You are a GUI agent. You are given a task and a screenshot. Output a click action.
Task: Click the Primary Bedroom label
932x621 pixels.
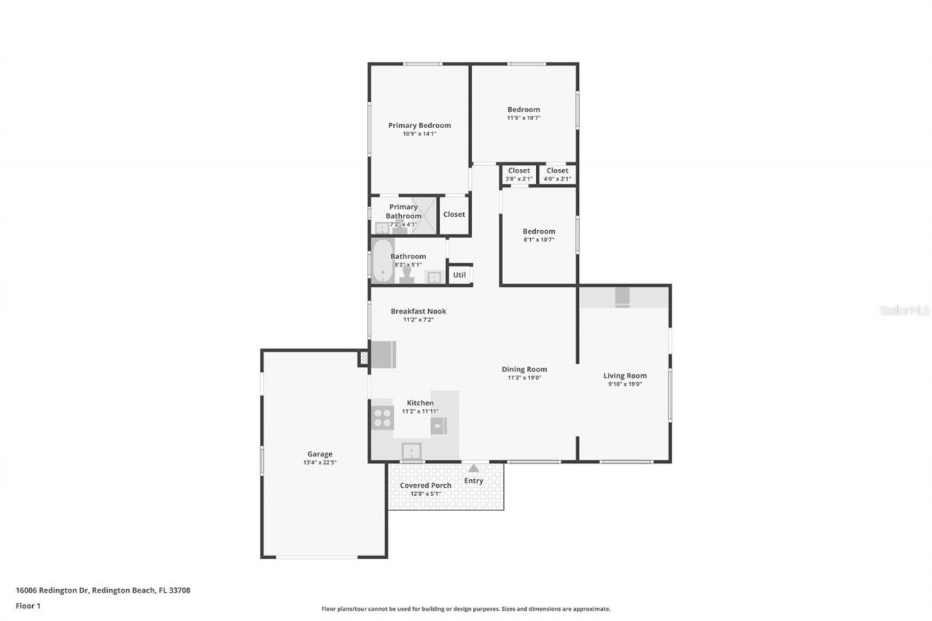(419, 125)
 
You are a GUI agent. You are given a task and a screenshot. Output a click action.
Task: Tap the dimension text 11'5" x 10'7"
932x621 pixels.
(524, 118)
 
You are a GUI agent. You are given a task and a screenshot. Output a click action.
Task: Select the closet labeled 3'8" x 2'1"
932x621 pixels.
(518, 175)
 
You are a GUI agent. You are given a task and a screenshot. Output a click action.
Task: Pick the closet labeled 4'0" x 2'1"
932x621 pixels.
(557, 175)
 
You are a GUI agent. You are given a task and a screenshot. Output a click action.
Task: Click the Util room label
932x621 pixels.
(459, 275)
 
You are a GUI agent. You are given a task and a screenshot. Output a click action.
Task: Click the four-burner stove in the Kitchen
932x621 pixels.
(383, 417)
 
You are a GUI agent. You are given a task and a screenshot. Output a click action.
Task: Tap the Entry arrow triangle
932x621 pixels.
(473, 469)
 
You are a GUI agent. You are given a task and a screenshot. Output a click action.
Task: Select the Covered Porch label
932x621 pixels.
(425, 486)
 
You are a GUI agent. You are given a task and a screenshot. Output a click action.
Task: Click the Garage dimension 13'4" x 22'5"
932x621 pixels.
(320, 462)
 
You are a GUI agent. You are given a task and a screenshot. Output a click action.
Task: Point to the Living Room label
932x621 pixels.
(625, 376)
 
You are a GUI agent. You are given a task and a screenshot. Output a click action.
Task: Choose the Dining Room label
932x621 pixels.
(524, 369)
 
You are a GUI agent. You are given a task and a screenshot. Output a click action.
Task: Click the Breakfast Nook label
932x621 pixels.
(418, 311)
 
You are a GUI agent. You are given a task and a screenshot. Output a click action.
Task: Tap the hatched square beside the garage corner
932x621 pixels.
(363, 358)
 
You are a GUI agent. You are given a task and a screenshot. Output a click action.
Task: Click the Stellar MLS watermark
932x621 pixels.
(904, 310)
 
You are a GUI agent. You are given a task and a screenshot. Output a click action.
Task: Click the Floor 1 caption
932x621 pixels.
(28, 606)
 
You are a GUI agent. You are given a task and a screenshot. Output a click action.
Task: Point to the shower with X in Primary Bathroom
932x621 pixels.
(423, 215)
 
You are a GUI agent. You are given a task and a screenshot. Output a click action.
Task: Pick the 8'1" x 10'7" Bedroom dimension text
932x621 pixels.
(538, 240)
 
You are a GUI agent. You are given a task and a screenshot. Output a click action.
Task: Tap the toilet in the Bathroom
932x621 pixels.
(406, 275)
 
